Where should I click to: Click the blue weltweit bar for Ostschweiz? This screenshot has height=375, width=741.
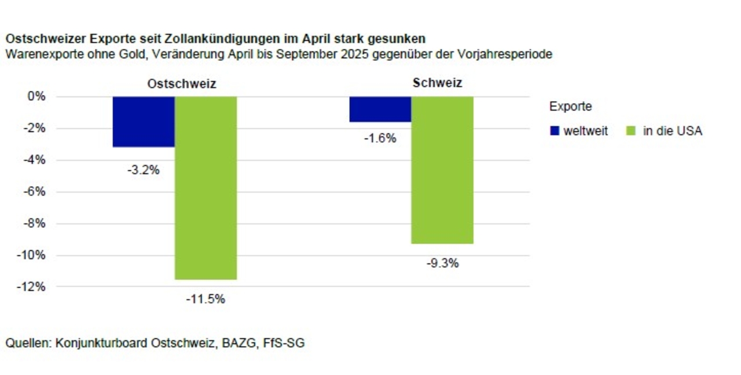tap(144, 122)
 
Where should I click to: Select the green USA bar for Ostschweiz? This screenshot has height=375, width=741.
tap(206, 187)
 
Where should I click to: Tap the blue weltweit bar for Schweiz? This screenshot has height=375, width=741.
tap(380, 109)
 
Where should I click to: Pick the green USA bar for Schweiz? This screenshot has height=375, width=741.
tap(442, 170)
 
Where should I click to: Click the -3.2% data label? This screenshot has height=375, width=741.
tap(143, 170)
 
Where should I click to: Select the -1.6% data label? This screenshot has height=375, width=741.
tap(380, 138)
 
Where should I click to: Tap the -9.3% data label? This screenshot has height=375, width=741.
tap(442, 263)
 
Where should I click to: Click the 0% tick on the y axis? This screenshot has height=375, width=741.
tap(36, 96)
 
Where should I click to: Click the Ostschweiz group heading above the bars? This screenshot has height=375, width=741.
tap(181, 84)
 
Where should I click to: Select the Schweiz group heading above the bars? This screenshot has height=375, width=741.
tap(437, 83)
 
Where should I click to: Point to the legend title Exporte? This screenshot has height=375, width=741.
tap(570, 106)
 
